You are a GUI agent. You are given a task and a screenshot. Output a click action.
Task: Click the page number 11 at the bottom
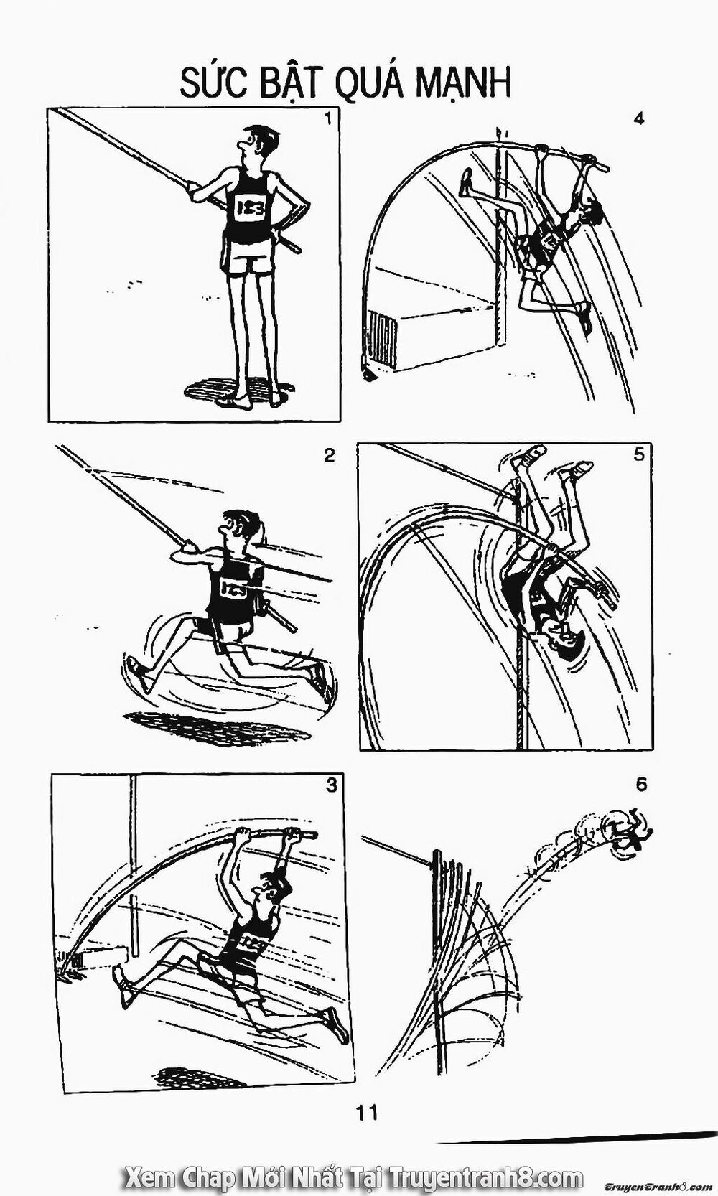(x=365, y=1113)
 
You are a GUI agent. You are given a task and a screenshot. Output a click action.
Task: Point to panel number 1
(x=327, y=119)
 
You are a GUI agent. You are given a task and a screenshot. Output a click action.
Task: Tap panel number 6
(x=641, y=784)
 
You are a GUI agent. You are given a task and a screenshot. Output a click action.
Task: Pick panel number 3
(x=330, y=784)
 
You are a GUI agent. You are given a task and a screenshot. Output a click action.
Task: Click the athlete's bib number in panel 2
(x=233, y=589)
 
